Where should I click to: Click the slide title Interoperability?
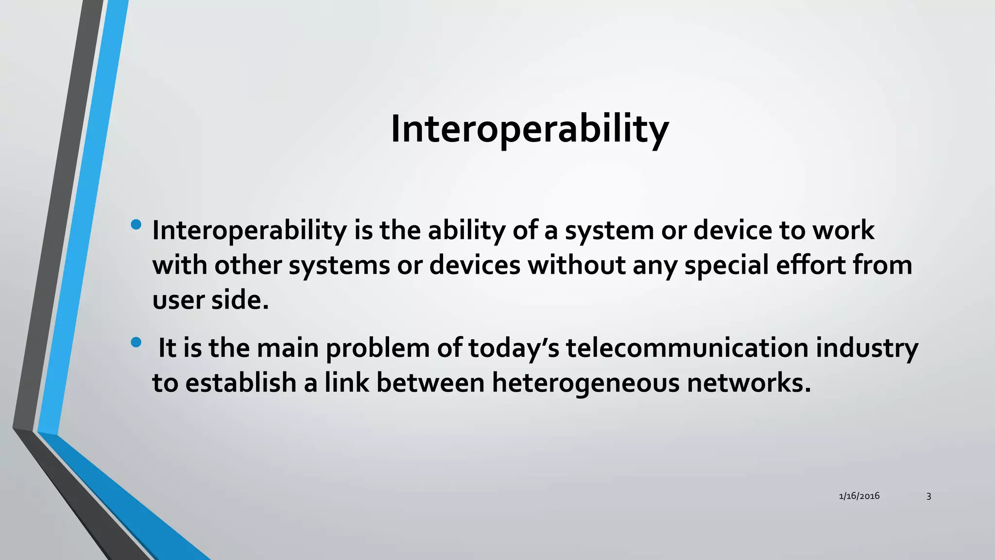pos(530,129)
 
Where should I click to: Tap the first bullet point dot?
pos(136,225)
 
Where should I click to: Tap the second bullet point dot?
pos(136,343)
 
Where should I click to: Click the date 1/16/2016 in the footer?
pos(859,496)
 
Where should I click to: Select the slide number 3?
pos(928,496)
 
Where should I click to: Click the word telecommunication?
pos(687,348)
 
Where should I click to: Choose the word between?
pos(430,383)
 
